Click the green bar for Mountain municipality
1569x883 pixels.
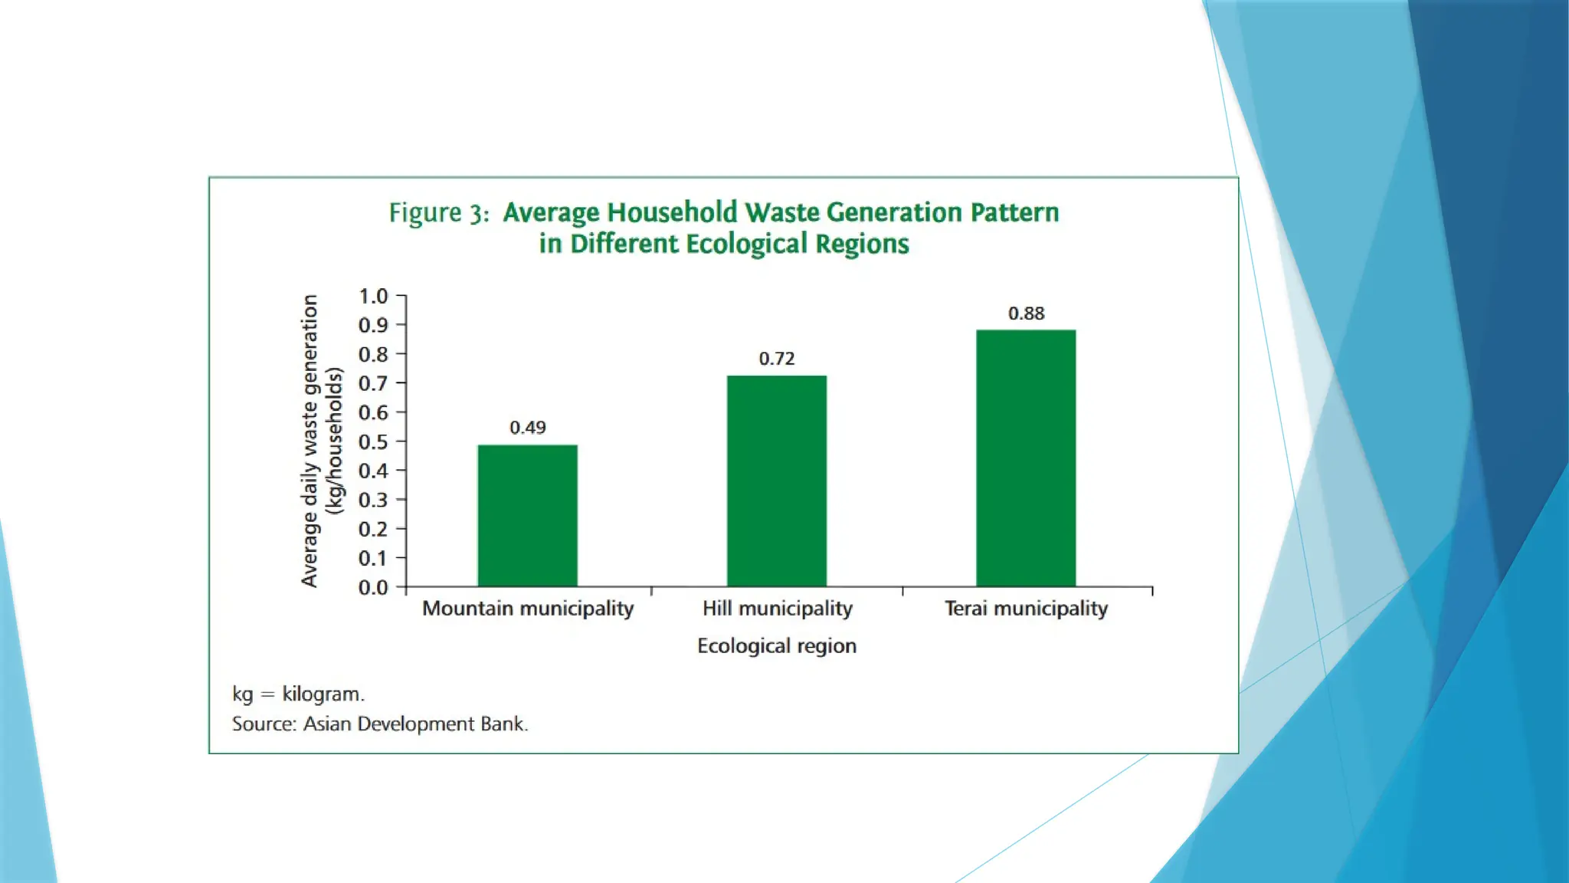(527, 515)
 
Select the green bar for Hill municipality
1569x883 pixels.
(777, 481)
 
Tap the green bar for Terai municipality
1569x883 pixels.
(1026, 458)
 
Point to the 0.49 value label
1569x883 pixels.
(528, 428)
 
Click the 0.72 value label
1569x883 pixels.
(777, 359)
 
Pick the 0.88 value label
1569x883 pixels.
(1026, 313)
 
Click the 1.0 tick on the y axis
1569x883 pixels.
(373, 296)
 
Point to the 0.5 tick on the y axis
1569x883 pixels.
(373, 441)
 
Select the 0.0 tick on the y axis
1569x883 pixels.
(373, 587)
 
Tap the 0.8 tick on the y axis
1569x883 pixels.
(373, 354)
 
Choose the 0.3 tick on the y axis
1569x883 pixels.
(373, 500)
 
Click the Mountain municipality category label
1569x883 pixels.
(528, 609)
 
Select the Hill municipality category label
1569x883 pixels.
(778, 609)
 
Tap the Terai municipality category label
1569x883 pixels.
(1026, 609)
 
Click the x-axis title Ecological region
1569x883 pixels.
(777, 646)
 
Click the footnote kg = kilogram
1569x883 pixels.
(299, 694)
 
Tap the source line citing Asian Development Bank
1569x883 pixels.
(380, 724)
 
